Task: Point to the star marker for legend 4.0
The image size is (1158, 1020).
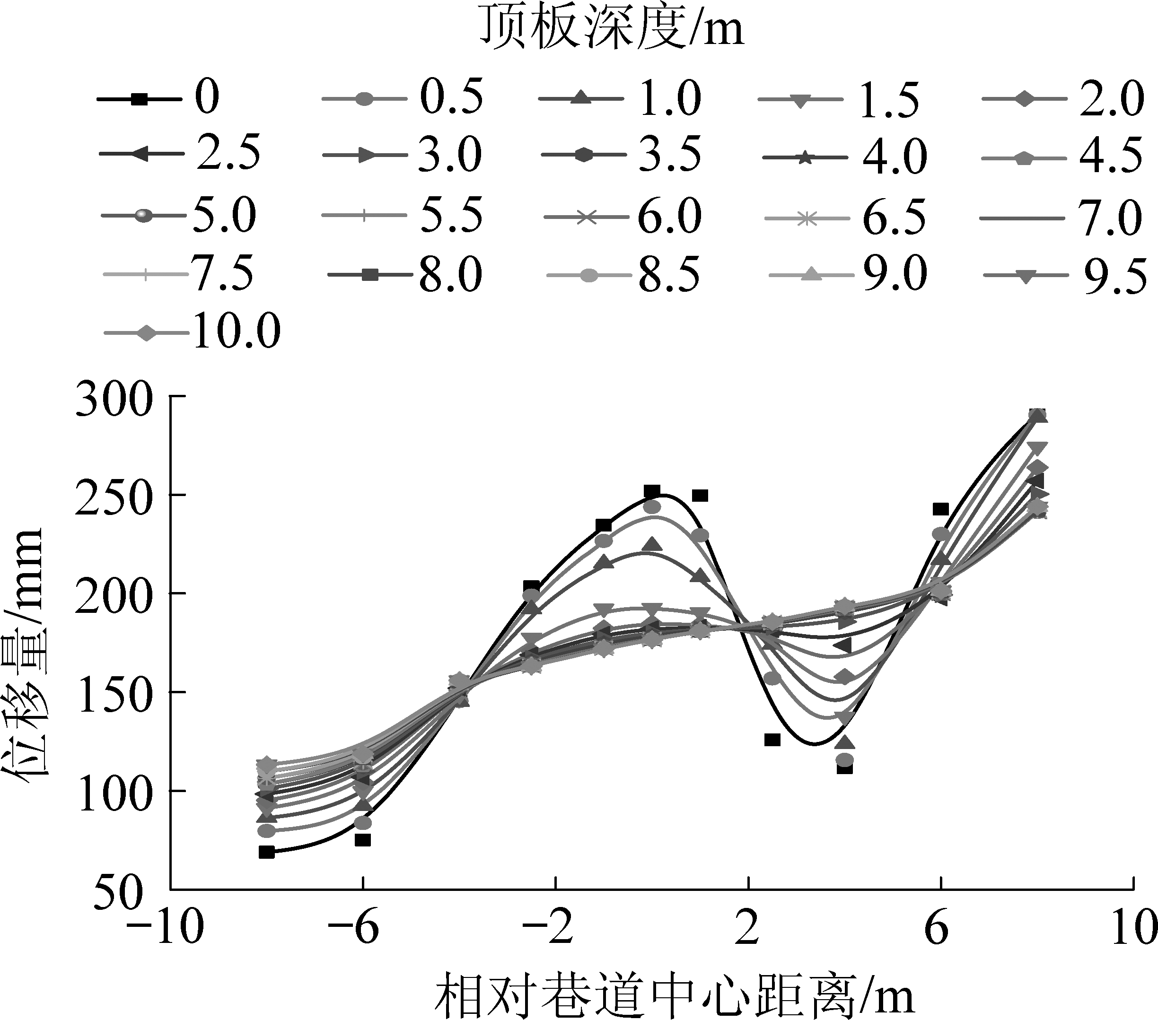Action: pos(805,158)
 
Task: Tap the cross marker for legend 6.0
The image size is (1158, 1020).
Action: pos(587,218)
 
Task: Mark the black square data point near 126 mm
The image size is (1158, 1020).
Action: pos(772,740)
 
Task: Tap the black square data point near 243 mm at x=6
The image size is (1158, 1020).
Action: pos(940,509)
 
